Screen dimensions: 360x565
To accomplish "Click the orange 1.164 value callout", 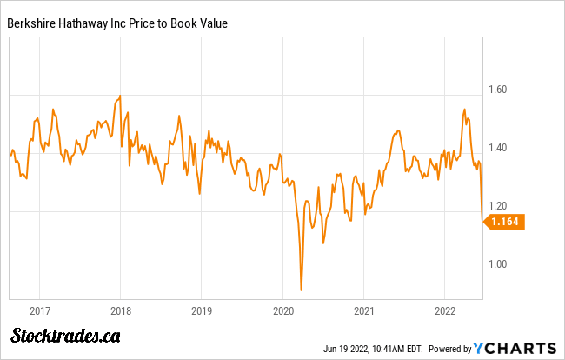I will click(505, 223).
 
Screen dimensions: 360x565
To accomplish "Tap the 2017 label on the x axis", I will click(38, 310).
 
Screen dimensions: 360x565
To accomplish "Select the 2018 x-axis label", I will click(120, 310).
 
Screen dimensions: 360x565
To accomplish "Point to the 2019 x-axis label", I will click(202, 310).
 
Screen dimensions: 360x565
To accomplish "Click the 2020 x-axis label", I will click(283, 310).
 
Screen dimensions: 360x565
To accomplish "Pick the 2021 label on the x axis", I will click(365, 310).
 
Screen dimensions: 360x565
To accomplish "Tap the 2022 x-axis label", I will click(446, 310).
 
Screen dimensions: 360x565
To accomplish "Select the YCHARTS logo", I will click(515, 347).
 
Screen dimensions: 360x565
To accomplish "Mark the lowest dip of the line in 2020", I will click(301, 290).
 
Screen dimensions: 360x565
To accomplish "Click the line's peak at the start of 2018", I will click(120, 96).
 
